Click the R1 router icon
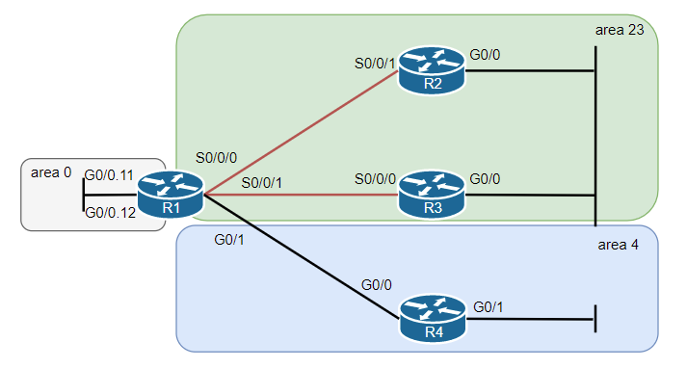(x=171, y=195)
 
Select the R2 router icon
(x=432, y=70)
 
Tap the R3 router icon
(x=432, y=195)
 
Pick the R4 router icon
(x=433, y=319)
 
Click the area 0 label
(x=51, y=172)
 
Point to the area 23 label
(x=620, y=30)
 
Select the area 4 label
(x=618, y=245)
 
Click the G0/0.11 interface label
(x=109, y=175)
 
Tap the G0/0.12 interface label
(x=110, y=213)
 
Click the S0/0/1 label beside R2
(x=375, y=64)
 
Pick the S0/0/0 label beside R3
(x=375, y=179)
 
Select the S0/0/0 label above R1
(x=216, y=158)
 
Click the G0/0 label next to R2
(x=485, y=55)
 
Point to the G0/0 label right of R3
(x=485, y=179)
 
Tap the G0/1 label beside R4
(x=489, y=307)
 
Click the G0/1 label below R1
(x=229, y=240)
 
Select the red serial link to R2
(x=301, y=133)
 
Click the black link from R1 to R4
(x=302, y=256)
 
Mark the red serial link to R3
(x=301, y=195)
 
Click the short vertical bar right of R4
(x=595, y=319)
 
